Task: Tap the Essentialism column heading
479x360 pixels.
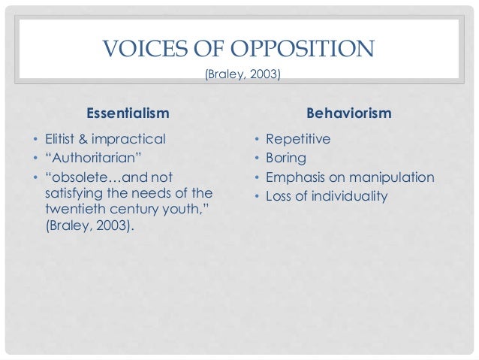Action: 128,113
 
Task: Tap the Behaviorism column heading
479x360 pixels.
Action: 349,113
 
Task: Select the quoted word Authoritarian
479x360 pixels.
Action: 88,158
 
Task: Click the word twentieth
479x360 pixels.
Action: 65,210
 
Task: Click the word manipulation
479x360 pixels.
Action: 392,177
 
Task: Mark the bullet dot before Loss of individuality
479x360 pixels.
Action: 257,198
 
